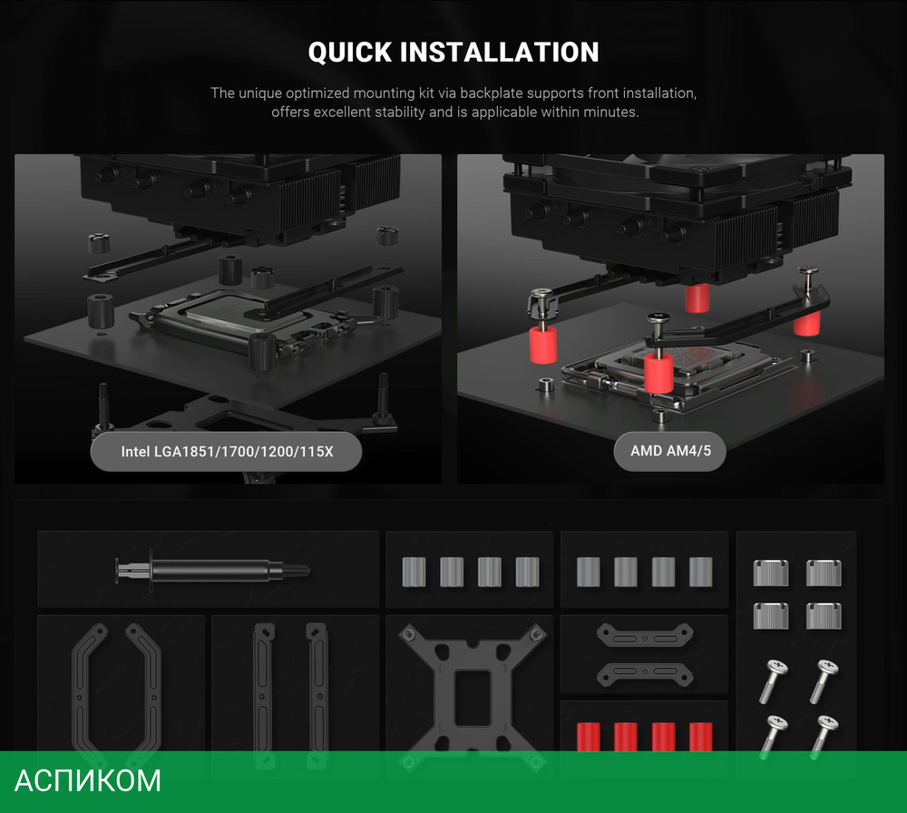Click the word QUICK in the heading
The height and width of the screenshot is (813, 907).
[x=350, y=53]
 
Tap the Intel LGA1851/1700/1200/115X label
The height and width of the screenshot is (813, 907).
[x=227, y=451]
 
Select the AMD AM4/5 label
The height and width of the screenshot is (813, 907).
[x=670, y=451]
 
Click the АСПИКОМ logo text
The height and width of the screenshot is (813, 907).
[x=87, y=780]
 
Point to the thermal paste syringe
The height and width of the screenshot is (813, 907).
[x=212, y=571]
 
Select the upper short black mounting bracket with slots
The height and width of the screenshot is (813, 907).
[x=645, y=635]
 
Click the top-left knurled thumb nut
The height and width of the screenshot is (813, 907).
[x=771, y=573]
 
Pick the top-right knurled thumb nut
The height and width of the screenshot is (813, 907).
[x=824, y=573]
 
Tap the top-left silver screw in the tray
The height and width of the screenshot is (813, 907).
[x=773, y=681]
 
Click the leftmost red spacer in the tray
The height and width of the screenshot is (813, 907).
[x=589, y=737]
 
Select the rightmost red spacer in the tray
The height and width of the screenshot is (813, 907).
[x=700, y=737]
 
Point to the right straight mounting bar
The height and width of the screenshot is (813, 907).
[x=317, y=694]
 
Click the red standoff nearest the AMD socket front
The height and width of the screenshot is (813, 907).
[x=658, y=371]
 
